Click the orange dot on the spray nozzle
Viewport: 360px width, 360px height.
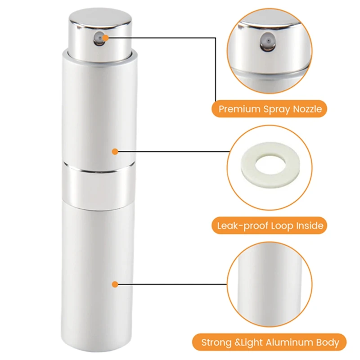pyautogui.click(x=105, y=38)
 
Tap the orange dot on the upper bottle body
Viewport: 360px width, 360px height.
pyautogui.click(x=115, y=152)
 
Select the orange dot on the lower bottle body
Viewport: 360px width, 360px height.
pyautogui.click(x=115, y=284)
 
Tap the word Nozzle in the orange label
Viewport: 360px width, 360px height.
pyautogui.click(x=307, y=109)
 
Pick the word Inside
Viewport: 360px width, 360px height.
pyautogui.click(x=310, y=226)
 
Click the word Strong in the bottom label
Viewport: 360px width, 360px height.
pyautogui.click(x=216, y=343)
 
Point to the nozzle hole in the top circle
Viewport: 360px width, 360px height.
pyautogui.click(x=268, y=41)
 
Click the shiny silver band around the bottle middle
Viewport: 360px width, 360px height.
pyautogui.click(x=99, y=186)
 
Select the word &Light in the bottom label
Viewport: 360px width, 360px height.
pyautogui.click(x=249, y=343)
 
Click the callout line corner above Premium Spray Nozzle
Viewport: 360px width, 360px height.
pyautogui.click(x=216, y=38)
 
